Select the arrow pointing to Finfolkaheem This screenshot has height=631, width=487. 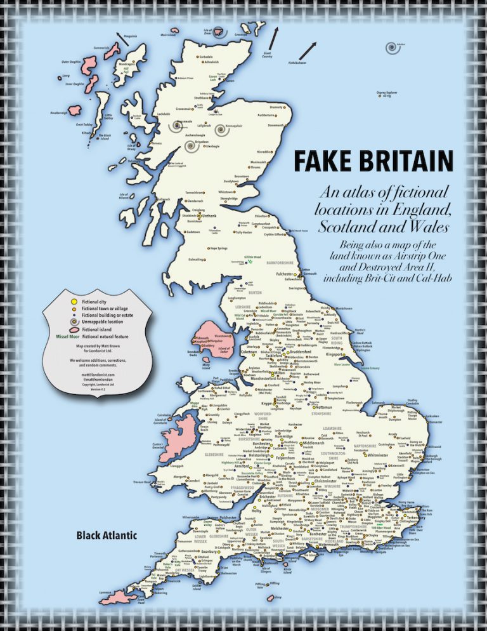309,49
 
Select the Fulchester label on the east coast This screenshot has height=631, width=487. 271,274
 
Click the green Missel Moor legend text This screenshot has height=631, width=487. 67,336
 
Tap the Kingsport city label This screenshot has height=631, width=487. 339,354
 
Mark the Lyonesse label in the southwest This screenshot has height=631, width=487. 89,592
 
